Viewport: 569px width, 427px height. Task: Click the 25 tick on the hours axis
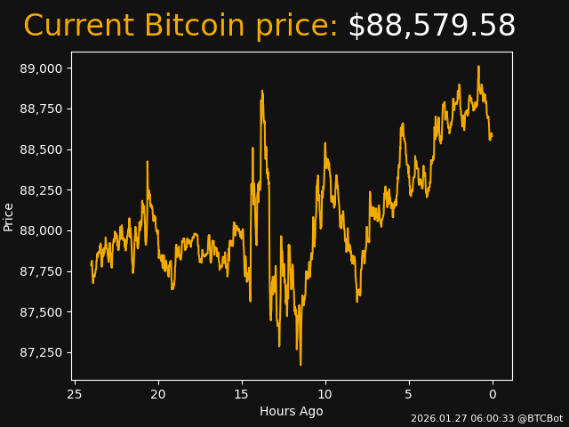(75, 394)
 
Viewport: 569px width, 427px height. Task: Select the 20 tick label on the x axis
(158, 394)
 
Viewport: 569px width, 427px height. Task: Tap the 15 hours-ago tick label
(242, 394)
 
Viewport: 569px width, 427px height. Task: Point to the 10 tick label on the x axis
(325, 394)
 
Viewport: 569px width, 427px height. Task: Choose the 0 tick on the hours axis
(493, 394)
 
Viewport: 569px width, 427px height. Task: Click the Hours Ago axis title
(292, 411)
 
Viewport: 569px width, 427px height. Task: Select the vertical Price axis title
(9, 216)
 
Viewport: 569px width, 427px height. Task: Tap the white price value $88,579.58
(431, 27)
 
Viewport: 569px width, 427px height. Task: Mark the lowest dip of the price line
(301, 365)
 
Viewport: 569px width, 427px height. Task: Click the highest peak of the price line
(478, 66)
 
